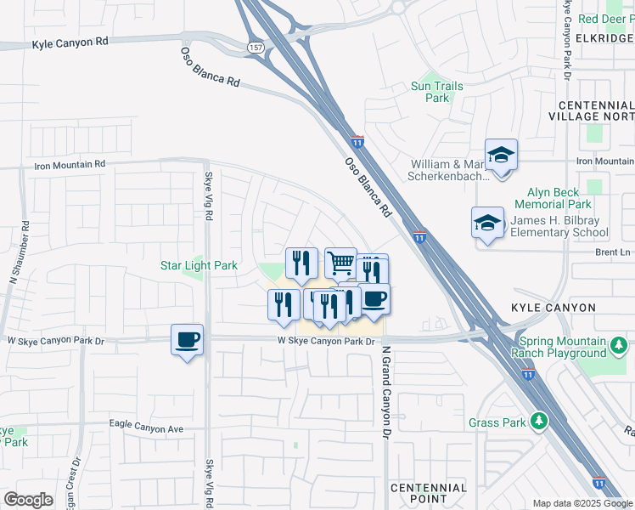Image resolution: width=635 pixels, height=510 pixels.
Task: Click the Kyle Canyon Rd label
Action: tap(72, 42)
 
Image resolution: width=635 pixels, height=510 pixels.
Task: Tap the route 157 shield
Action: tap(256, 47)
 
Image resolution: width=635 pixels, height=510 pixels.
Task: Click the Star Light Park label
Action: tap(199, 265)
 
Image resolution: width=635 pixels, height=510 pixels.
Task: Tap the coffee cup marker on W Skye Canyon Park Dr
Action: tap(188, 339)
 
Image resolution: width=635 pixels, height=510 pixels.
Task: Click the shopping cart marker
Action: tap(341, 263)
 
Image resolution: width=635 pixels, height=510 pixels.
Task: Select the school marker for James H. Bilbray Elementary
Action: tap(488, 223)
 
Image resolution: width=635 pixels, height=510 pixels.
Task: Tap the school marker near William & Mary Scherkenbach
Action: tap(502, 155)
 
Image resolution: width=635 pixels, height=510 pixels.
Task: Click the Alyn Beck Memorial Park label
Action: tap(554, 199)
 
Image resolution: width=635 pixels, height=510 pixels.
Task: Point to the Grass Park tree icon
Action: tap(538, 422)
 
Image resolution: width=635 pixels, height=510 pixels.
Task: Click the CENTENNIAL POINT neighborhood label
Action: tap(428, 494)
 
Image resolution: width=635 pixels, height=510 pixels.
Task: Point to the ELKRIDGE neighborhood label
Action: tap(605, 39)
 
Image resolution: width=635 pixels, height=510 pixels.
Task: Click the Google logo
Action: tap(28, 500)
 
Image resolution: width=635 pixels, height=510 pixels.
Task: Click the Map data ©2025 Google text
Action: tap(582, 503)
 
